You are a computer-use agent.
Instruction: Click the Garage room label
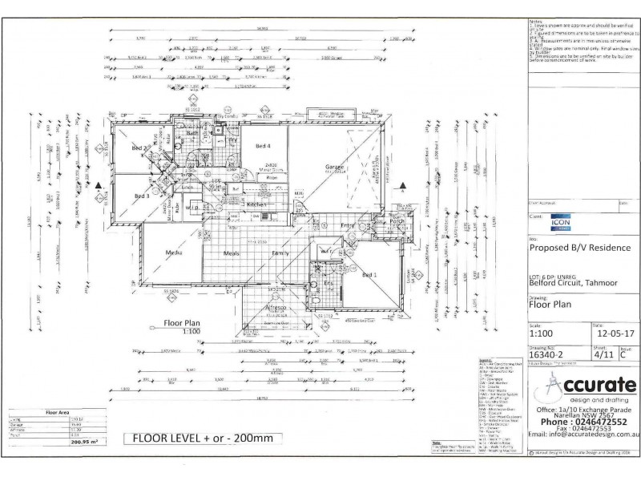tap(334, 168)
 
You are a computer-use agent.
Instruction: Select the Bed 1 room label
tap(369, 275)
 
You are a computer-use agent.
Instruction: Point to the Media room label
tap(173, 253)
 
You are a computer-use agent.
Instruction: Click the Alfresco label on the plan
tap(276, 307)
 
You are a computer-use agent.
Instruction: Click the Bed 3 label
tap(143, 196)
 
